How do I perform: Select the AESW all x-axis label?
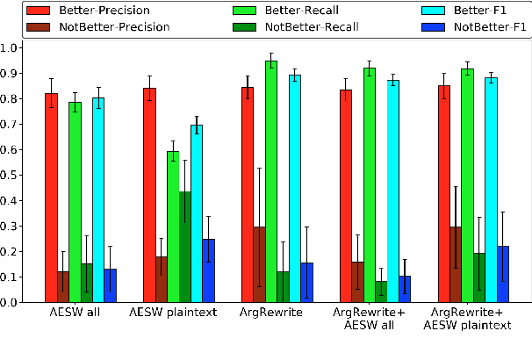point(75,313)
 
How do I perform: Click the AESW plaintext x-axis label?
point(173,313)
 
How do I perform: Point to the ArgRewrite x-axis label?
point(270,313)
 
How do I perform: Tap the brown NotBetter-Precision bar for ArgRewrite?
point(259,264)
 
